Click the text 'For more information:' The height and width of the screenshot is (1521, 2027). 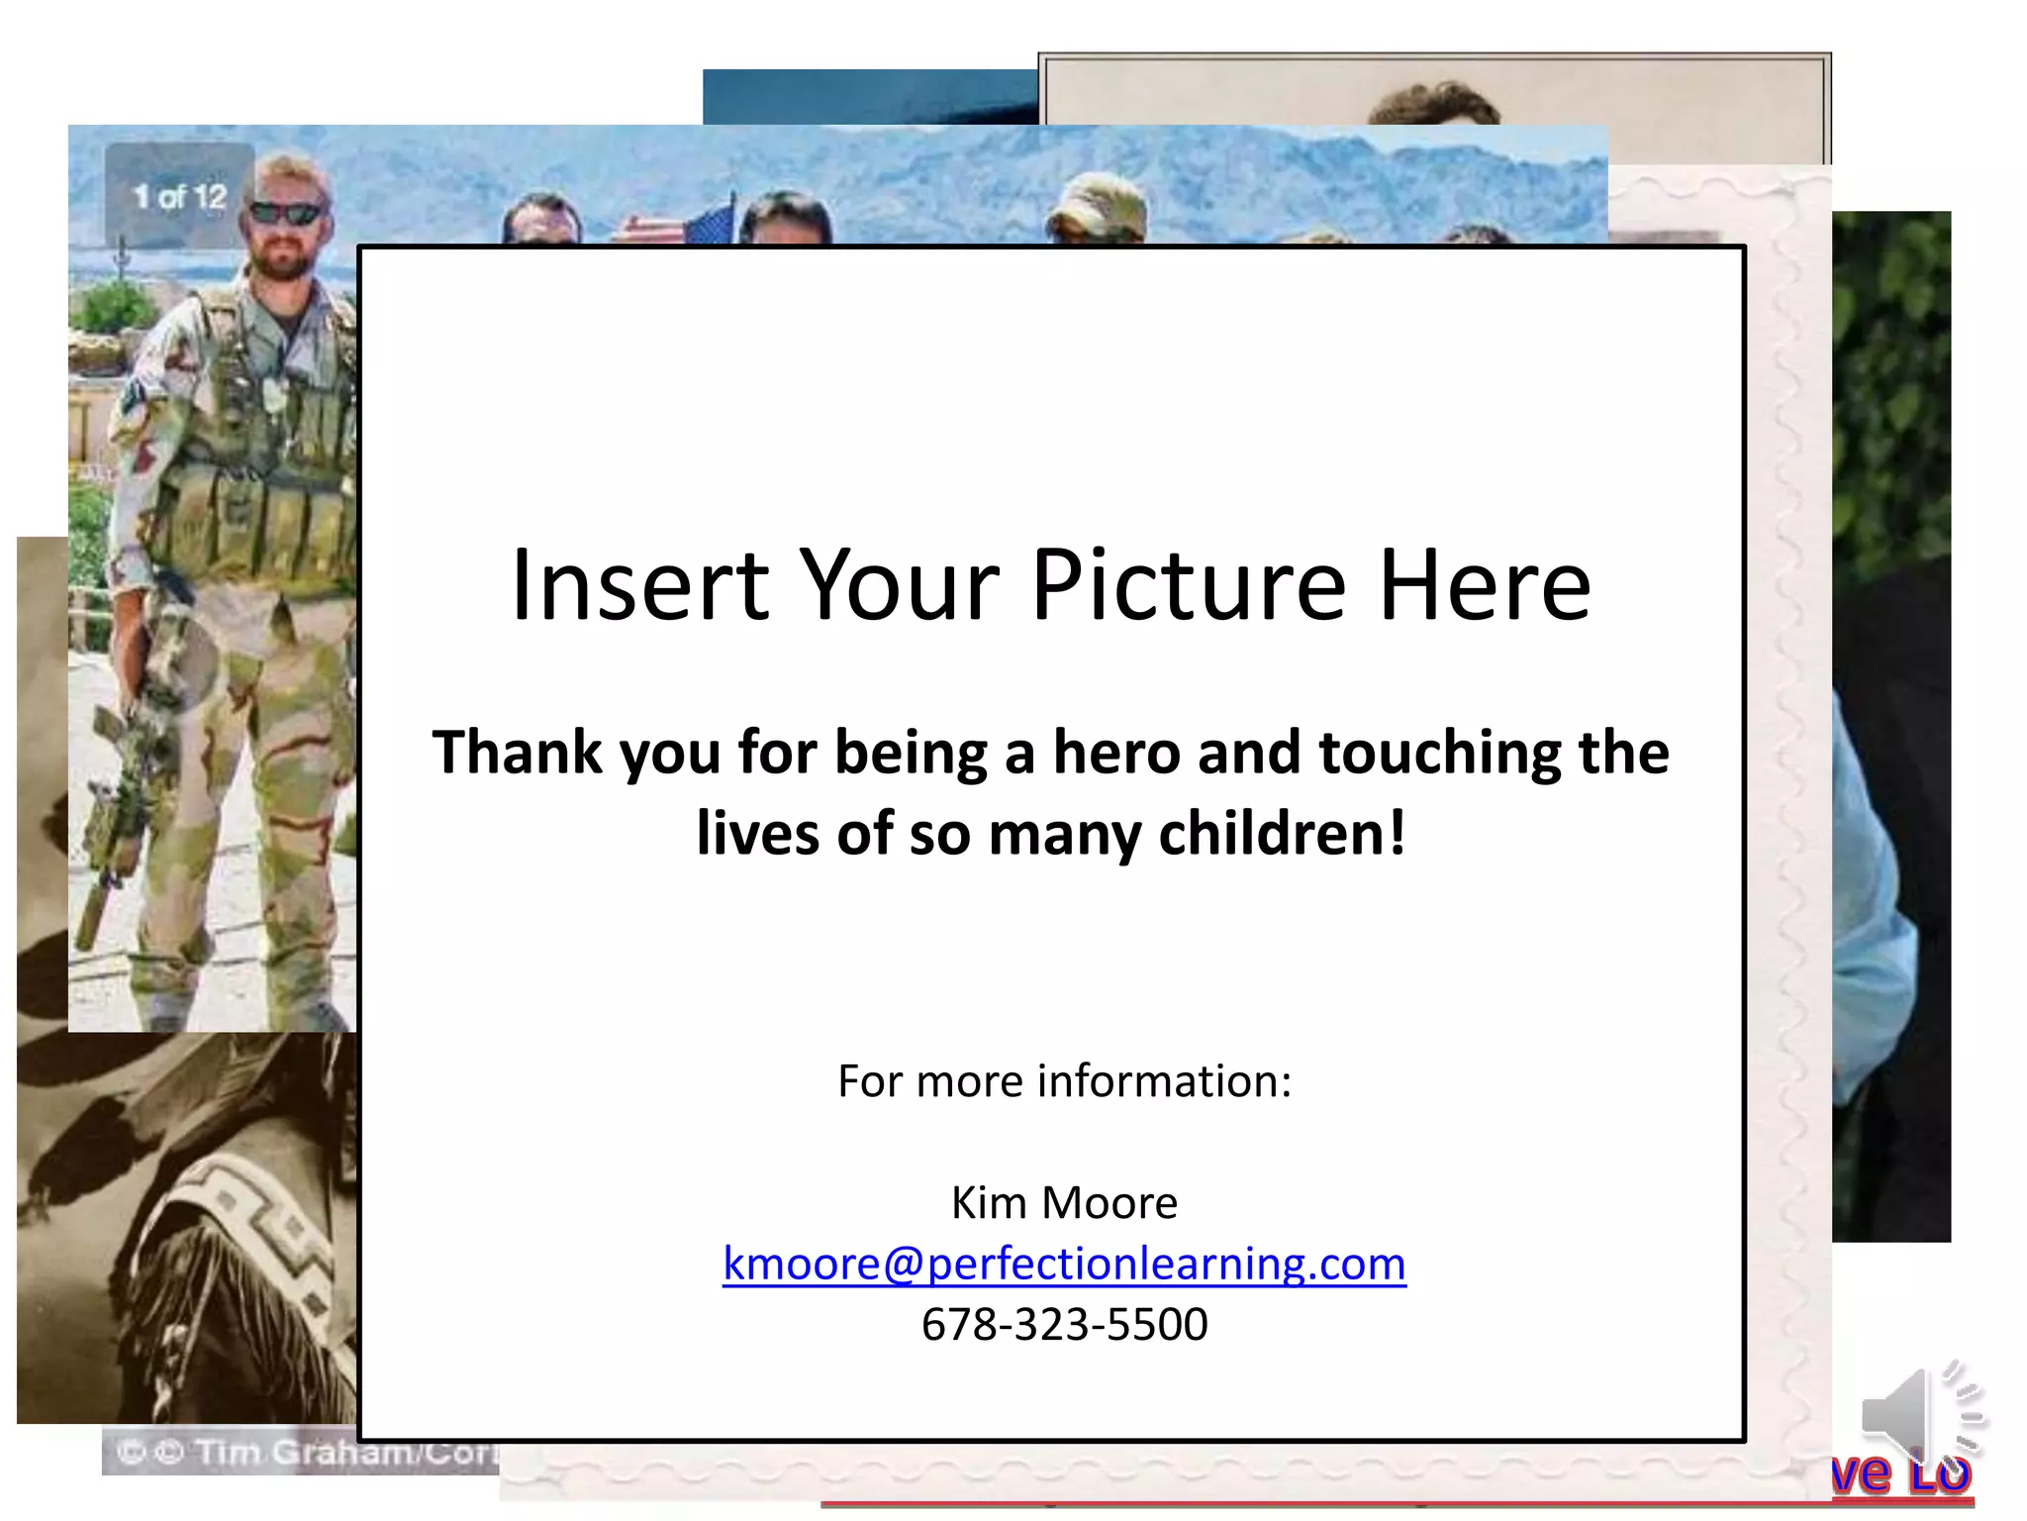pos(1064,1080)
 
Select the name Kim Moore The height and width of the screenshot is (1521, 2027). pos(1064,1202)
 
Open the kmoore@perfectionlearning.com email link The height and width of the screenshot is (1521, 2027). pos(1064,1264)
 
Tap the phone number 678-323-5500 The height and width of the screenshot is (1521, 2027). pos(1064,1324)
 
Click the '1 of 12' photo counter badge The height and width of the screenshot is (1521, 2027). pos(180,196)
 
